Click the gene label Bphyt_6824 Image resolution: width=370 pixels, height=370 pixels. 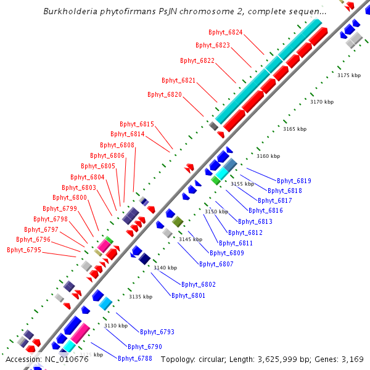pyautogui.click(x=226, y=32)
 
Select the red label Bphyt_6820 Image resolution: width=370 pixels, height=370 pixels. pyautogui.click(x=165, y=94)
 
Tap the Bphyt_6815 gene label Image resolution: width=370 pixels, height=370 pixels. pyautogui.click(x=137, y=124)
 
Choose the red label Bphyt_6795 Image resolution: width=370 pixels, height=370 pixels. pyautogui.click(x=24, y=250)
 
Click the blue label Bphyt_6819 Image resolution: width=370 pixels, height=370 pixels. pyautogui.click(x=294, y=181)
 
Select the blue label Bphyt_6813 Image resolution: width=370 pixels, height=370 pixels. pyautogui.click(x=255, y=221)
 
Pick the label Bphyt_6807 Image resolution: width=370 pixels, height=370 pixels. pyautogui.click(x=216, y=263)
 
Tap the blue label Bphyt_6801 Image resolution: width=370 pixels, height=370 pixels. pyautogui.click(x=189, y=295)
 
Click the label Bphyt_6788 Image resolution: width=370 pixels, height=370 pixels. pyautogui.click(x=135, y=358)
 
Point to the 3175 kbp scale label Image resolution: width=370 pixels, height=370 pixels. pyautogui.click(x=348, y=75)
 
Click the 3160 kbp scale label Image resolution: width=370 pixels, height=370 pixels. pyautogui.click(x=268, y=156)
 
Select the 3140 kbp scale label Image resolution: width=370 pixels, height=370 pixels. pyautogui.click(x=165, y=268)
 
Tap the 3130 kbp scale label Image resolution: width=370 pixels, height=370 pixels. pyautogui.click(x=116, y=325)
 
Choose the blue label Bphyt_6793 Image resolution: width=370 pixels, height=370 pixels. pyautogui.click(x=157, y=332)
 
